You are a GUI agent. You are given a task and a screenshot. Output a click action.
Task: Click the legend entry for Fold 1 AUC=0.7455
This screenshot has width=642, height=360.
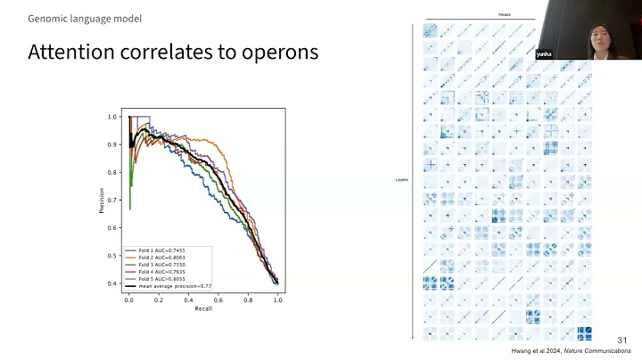pos(160,251)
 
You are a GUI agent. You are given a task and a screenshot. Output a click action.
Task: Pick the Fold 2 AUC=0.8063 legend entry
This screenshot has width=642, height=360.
pos(160,258)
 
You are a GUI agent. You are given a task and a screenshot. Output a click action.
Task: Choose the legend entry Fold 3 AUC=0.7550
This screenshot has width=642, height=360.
pos(160,266)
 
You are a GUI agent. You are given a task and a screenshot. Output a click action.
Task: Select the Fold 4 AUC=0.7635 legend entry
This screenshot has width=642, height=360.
pos(160,273)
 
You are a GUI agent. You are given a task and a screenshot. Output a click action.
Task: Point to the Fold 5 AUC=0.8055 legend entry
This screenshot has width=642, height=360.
pos(160,280)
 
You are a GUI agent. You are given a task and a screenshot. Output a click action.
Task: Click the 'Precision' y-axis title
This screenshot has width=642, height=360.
pos(103,200)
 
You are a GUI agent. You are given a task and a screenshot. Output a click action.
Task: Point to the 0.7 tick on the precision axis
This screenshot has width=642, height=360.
pos(112,200)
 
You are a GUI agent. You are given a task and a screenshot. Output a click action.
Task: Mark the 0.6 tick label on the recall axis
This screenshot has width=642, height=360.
pos(218,302)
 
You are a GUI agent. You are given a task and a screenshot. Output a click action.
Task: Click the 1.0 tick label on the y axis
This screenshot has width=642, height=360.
pos(112,117)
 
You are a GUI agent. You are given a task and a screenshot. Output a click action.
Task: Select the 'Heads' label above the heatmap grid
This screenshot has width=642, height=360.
pos(505,14)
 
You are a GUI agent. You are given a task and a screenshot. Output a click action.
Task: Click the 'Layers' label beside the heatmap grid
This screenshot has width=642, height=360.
pos(401,180)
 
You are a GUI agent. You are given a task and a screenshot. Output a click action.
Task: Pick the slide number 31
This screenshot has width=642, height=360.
pos(621,340)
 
